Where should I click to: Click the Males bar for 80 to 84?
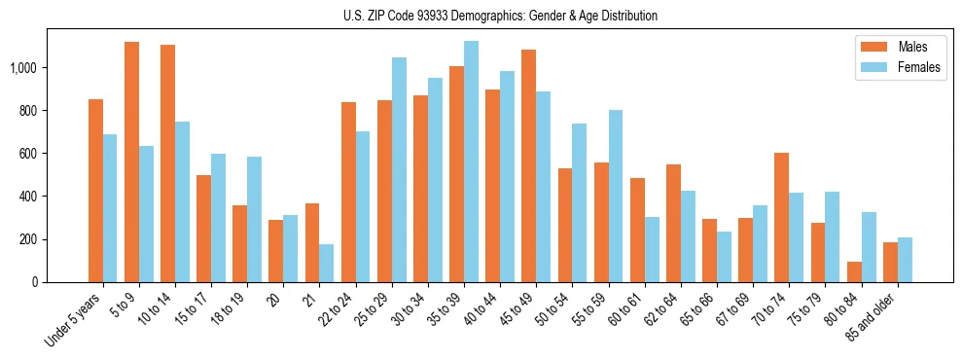pyautogui.click(x=854, y=271)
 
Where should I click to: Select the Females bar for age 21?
pyautogui.click(x=327, y=263)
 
